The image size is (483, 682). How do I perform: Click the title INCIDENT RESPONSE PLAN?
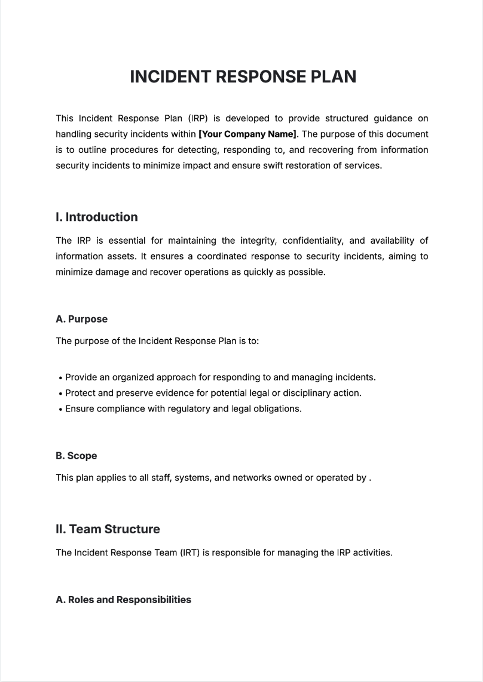click(x=243, y=77)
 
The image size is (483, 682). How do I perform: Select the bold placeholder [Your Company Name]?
click(x=247, y=134)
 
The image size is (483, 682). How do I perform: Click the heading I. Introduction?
click(x=96, y=217)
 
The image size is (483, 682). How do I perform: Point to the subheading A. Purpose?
click(x=81, y=320)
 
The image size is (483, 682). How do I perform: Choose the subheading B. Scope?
click(x=76, y=456)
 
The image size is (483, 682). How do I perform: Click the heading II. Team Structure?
click(x=108, y=529)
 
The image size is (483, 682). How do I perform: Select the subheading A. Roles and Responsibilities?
click(x=123, y=600)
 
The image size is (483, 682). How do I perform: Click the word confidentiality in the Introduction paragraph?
click(x=311, y=241)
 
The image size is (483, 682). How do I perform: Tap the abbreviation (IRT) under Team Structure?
click(x=189, y=552)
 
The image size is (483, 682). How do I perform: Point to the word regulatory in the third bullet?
click(x=187, y=409)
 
